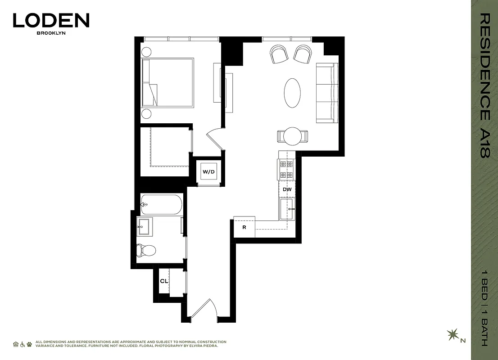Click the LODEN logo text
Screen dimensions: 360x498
[x=51, y=21]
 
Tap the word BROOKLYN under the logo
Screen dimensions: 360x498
[x=51, y=33]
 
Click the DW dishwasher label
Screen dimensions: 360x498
[x=287, y=189]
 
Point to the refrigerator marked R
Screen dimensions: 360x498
[x=244, y=227]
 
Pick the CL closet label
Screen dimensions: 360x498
[x=164, y=281]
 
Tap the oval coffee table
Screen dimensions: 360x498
[x=292, y=93]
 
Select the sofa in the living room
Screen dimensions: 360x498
[x=327, y=93]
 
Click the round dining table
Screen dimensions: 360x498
[x=293, y=136]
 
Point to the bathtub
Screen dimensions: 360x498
[x=161, y=205]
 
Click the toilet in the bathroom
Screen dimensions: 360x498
[x=146, y=250]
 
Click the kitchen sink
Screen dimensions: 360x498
[x=287, y=209]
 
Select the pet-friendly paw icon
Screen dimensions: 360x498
[x=29, y=344]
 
